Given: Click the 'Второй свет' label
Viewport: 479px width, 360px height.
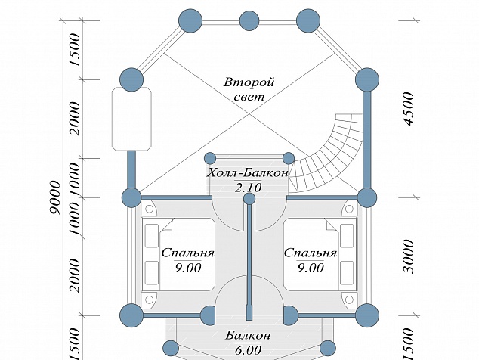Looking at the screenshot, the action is pos(249,89).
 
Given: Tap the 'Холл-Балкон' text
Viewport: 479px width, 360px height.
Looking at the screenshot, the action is pos(248,173).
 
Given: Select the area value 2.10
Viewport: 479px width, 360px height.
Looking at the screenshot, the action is pos(249,188).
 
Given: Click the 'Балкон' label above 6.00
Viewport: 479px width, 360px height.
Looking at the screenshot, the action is pos(248,336).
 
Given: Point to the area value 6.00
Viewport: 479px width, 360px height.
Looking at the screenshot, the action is pos(248,349).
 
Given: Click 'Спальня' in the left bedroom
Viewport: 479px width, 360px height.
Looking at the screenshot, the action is pos(188,253).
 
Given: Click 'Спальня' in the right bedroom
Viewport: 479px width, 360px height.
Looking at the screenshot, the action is pos(311,253).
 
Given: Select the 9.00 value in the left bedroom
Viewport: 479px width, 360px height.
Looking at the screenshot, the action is pos(188,268).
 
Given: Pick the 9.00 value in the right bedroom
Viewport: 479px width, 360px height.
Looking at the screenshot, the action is pos(311,268).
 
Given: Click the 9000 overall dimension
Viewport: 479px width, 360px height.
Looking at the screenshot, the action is pos(55,197).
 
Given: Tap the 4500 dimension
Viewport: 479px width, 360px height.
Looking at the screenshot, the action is pos(409,109).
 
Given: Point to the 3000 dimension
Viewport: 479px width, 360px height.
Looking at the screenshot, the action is pos(409,256).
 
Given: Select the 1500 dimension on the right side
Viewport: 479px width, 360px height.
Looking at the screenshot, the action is pos(409,343).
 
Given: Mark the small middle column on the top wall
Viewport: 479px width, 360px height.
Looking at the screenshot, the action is pos(249,21).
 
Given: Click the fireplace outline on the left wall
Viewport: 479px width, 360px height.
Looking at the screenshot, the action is pos(131,119).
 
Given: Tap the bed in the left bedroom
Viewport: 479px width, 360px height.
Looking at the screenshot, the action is pos(178,254).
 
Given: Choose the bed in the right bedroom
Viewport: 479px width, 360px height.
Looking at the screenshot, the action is pos(320,254).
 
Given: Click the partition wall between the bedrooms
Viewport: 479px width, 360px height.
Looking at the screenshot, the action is pos(249,260).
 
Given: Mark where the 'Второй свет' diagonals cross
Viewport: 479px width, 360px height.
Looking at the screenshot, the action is pos(249,113).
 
